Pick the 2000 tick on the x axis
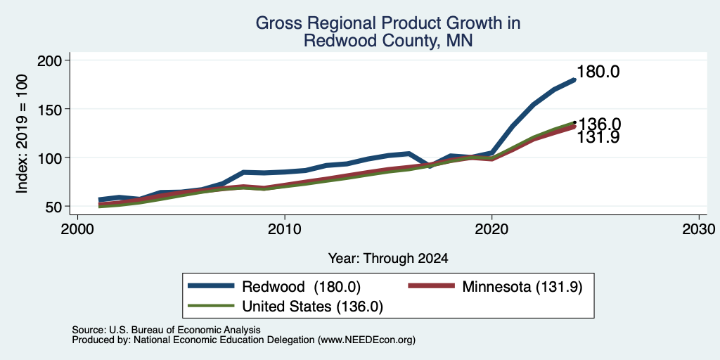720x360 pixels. click(x=77, y=230)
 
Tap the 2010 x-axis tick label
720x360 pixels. click(x=285, y=230)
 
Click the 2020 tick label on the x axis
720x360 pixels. click(x=491, y=230)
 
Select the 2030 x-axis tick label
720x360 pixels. click(x=698, y=230)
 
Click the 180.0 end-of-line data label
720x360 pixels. click(x=598, y=72)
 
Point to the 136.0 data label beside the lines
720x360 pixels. click(x=599, y=124)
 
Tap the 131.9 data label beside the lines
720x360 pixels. click(x=598, y=137)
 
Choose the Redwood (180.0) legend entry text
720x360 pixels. click(x=301, y=287)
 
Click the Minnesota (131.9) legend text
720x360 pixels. click(x=522, y=287)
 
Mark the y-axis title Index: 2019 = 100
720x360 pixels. click(x=22, y=134)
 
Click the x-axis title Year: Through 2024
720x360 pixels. click(x=388, y=259)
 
